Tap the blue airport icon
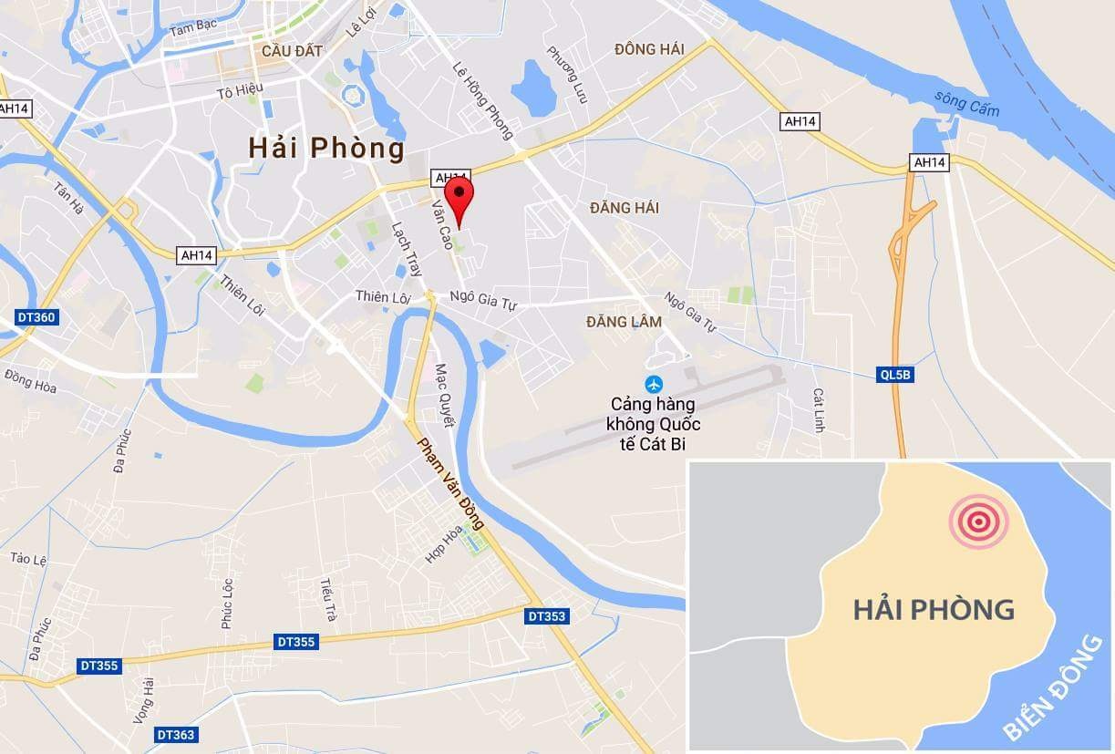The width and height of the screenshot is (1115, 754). [653, 383]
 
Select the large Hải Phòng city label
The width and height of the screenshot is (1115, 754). [326, 147]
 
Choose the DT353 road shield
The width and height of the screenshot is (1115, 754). [546, 616]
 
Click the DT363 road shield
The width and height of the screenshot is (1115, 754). [175, 734]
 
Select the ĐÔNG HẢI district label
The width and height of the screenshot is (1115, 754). [648, 49]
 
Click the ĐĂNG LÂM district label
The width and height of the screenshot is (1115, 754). [624, 322]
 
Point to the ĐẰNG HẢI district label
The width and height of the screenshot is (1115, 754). [624, 208]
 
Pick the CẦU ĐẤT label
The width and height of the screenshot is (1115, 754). [291, 51]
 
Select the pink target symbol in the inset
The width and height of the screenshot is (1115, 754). [978, 522]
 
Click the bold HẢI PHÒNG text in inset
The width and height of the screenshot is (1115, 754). [934, 609]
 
